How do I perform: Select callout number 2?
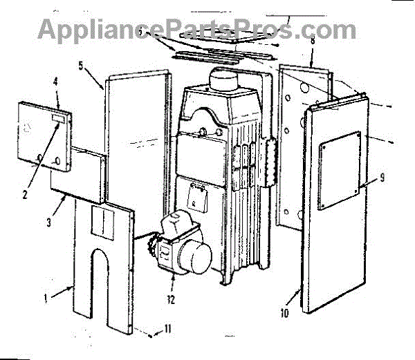(x=24, y=194)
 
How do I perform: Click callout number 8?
(x=313, y=41)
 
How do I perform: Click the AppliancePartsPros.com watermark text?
(x=196, y=28)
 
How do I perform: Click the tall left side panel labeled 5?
(x=135, y=138)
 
